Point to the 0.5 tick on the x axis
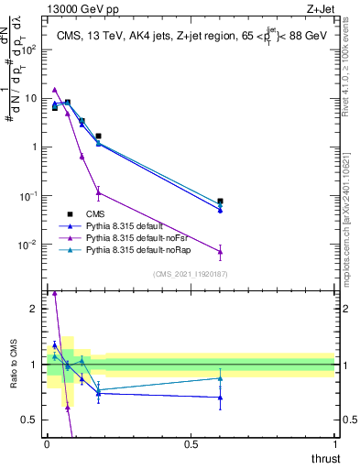pyautogui.click(x=191, y=443)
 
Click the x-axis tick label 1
pyautogui.click(x=334, y=443)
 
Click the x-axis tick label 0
pyautogui.click(x=47, y=443)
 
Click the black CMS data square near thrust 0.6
pyautogui.click(x=220, y=201)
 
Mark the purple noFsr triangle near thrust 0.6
pyautogui.click(x=220, y=251)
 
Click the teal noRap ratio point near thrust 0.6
pyautogui.click(x=220, y=378)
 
